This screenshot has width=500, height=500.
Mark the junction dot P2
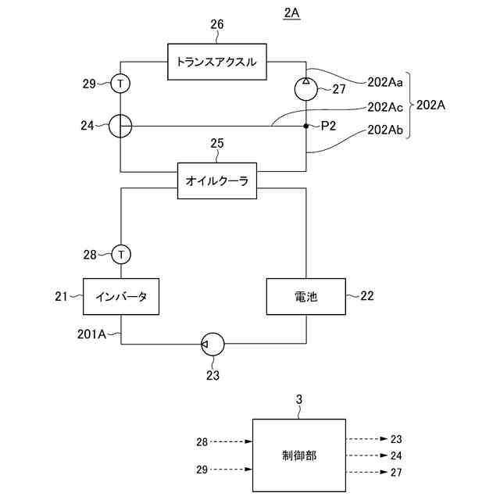[305, 126]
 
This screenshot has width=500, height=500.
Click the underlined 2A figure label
[291, 13]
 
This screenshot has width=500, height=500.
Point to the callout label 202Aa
[385, 82]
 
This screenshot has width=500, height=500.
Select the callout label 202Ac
[385, 107]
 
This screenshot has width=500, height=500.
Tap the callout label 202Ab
[385, 130]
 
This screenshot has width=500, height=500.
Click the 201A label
[91, 334]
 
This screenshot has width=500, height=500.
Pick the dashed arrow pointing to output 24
[366, 455]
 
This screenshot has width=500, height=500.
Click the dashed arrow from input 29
[231, 469]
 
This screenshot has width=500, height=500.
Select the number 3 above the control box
[298, 399]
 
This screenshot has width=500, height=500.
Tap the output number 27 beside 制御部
[396, 472]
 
